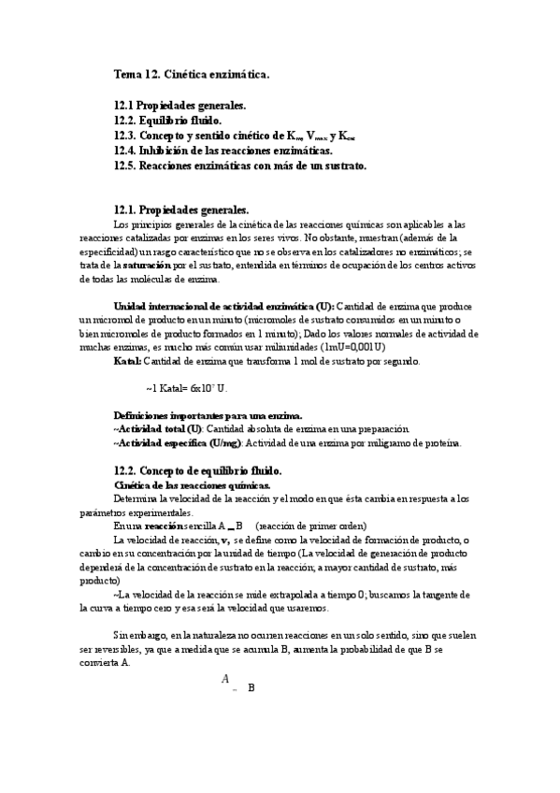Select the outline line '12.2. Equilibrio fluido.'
[167, 121]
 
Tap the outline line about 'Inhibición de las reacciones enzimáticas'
[223, 151]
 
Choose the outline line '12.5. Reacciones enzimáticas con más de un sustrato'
[240, 166]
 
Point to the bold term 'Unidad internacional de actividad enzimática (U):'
[223, 307]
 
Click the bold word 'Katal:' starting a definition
[128, 360]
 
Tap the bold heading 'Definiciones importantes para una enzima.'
[207, 414]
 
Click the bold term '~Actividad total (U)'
[157, 428]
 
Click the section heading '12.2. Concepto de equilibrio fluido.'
[197, 470]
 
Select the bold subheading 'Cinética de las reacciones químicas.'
[192, 485]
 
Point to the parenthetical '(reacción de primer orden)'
[312, 526]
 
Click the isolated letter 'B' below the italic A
[251, 687]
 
